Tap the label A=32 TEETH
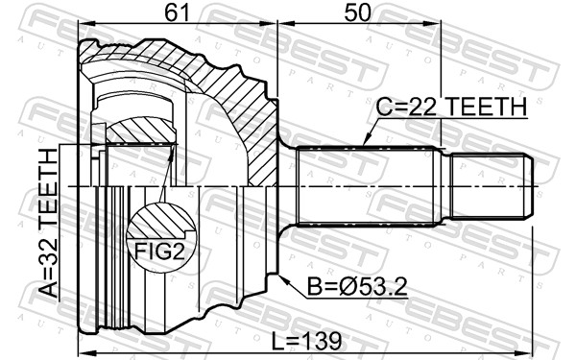click(x=49, y=229)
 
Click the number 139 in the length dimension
click(x=322, y=341)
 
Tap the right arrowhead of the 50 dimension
click(x=438, y=27)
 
